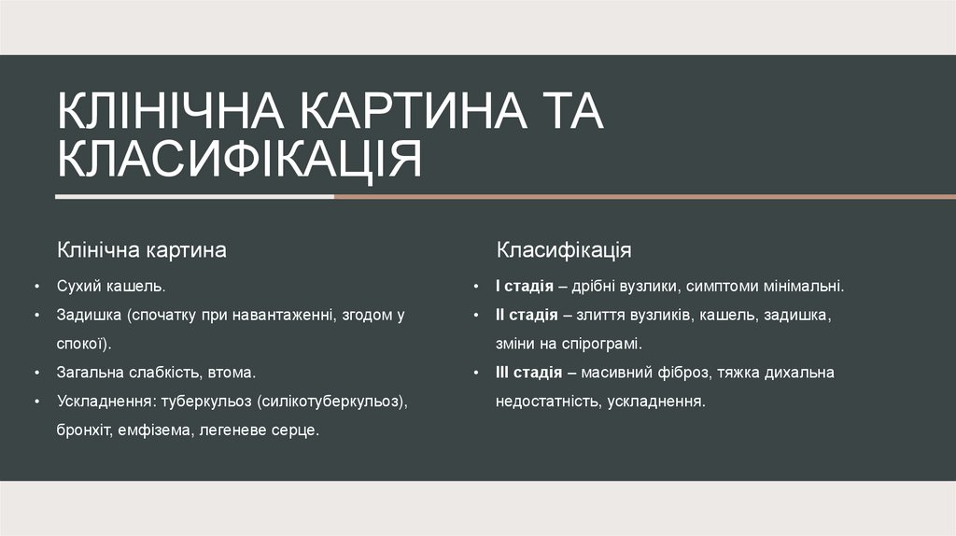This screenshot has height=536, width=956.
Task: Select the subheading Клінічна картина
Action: [142, 250]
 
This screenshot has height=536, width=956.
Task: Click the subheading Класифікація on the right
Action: [564, 250]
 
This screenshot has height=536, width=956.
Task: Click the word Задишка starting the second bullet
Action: [90, 316]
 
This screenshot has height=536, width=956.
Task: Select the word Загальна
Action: [93, 373]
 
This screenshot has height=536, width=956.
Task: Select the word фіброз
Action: [689, 373]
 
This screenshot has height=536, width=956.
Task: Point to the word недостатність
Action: [547, 402]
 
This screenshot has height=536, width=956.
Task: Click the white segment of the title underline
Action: [194, 197]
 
